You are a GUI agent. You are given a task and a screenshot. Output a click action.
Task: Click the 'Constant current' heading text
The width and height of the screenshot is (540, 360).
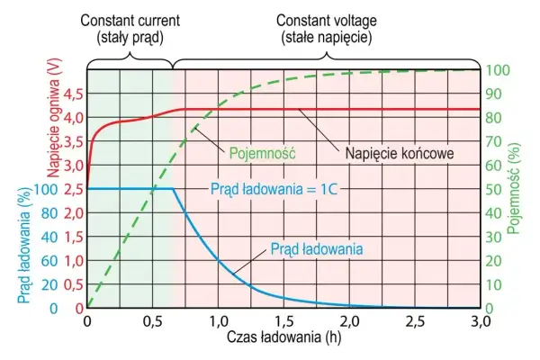(130, 21)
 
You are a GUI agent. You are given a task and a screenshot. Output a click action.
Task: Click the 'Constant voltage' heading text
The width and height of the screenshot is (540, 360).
(327, 21)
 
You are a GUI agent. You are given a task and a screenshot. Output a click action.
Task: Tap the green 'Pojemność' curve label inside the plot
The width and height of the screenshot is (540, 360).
(263, 153)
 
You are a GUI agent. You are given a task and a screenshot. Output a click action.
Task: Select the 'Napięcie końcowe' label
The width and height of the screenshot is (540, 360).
(400, 153)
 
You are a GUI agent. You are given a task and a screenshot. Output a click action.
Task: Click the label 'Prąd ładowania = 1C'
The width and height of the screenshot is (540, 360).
(274, 189)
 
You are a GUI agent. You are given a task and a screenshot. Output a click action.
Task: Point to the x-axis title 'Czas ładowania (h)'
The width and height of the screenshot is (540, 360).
(283, 337)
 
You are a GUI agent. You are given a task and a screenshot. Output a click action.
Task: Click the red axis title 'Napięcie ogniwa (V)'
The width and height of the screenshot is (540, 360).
(54, 119)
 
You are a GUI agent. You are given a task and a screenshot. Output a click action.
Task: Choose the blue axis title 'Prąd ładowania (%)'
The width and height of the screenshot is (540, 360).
(24, 246)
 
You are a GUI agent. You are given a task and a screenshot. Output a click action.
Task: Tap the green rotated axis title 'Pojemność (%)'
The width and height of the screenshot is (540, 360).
(514, 188)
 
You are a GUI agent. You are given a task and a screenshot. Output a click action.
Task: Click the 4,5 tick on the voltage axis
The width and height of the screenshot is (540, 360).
(74, 94)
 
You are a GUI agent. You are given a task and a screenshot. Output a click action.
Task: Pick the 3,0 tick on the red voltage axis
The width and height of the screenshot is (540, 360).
(74, 166)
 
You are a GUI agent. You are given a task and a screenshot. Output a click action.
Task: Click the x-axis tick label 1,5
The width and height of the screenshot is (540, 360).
(283, 321)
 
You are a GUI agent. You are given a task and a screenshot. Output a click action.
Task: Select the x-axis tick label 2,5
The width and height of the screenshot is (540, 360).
(415, 321)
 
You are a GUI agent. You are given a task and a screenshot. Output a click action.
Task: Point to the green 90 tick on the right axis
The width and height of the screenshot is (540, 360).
(493, 94)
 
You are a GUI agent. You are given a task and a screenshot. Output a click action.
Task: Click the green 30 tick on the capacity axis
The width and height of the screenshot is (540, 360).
(493, 237)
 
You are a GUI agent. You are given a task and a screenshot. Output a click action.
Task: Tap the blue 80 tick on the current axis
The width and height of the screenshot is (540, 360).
(49, 213)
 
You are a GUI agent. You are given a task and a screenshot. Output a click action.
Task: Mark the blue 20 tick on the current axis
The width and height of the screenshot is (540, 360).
(49, 285)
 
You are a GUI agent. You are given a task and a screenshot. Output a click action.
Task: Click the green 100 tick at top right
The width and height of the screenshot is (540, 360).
(498, 70)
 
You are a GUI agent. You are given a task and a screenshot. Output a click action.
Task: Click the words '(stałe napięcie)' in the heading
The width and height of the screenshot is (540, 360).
(327, 38)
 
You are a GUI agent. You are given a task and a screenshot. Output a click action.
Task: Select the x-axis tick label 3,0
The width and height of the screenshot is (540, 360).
(480, 321)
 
